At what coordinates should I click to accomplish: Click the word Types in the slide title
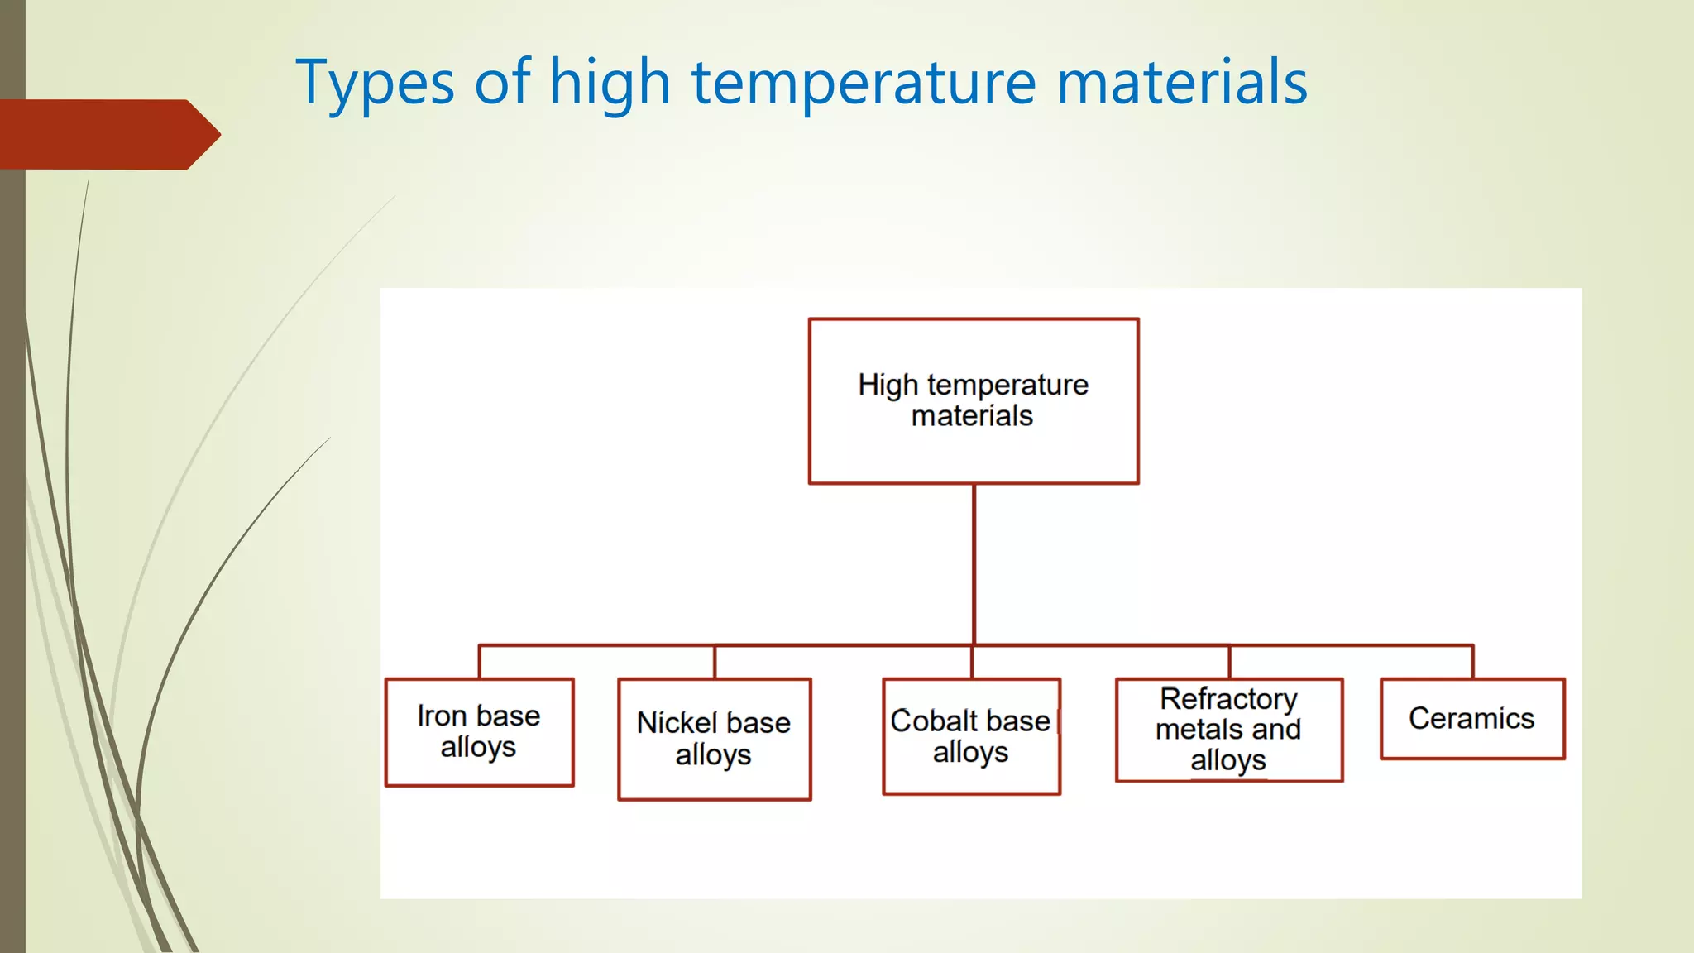tap(375, 83)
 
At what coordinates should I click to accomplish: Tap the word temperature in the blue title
tap(864, 83)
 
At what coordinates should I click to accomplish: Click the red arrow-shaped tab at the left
tap(108, 134)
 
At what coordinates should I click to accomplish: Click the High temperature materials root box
tap(973, 401)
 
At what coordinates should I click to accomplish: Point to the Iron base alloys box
tap(479, 732)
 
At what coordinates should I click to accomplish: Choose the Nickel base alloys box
tap(714, 739)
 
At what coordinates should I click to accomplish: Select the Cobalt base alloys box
tap(971, 736)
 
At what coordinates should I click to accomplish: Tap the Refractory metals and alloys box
tap(1228, 730)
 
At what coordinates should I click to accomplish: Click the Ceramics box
tap(1472, 718)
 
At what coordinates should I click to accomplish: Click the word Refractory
tap(1228, 699)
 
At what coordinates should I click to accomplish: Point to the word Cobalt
tap(923, 721)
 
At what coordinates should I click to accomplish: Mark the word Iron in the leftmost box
tap(442, 716)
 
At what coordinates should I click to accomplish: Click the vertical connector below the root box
tap(974, 563)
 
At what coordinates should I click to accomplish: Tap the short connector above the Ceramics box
tap(1472, 662)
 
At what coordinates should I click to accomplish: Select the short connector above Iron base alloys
tap(480, 662)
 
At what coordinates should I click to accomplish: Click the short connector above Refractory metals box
tap(1229, 662)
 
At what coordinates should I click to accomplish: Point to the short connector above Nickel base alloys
tap(715, 662)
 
